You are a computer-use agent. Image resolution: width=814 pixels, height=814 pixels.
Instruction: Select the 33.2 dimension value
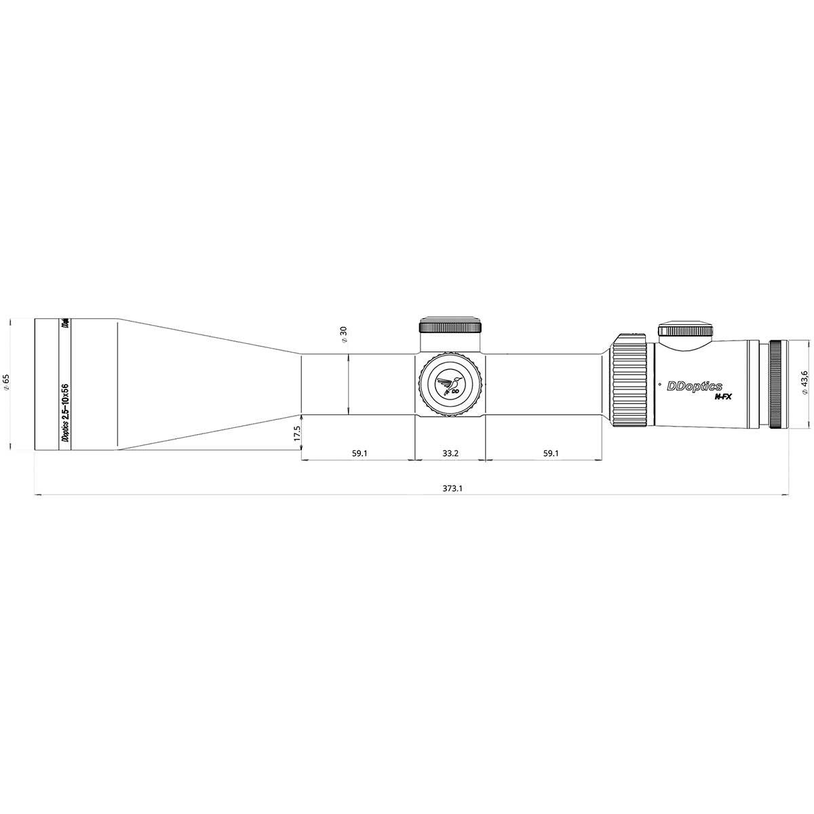(450, 452)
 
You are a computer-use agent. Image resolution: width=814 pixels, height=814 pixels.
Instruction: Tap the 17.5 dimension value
(296, 434)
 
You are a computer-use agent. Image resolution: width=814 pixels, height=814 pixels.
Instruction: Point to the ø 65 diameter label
(6, 383)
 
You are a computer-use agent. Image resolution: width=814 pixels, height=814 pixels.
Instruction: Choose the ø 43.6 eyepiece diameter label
(804, 384)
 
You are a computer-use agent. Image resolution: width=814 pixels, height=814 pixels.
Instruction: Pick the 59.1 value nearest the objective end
(360, 452)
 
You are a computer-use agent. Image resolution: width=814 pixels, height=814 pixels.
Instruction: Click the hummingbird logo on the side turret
(450, 385)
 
